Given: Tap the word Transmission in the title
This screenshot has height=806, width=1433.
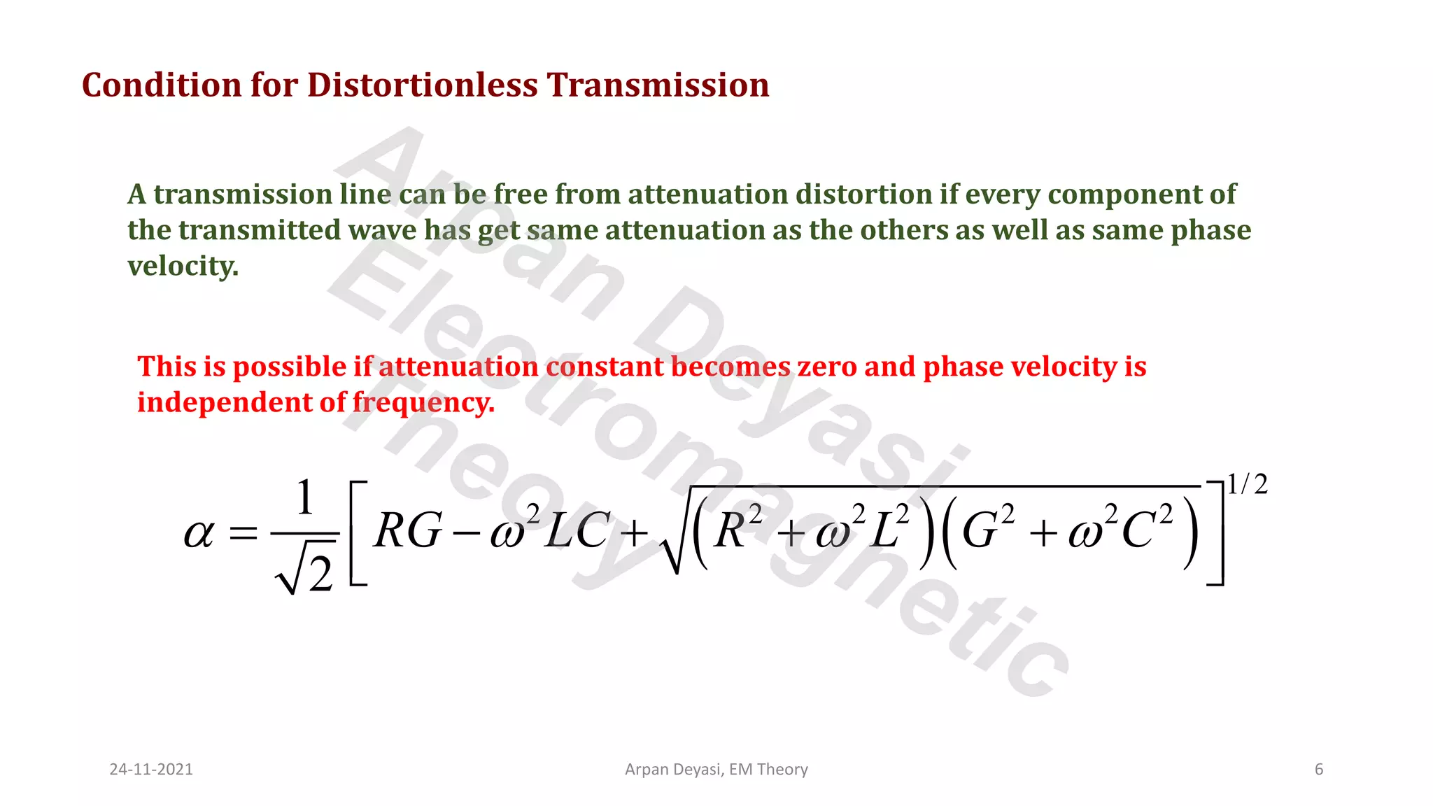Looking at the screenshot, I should [x=658, y=85].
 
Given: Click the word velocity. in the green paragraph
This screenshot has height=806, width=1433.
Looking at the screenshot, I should [x=183, y=266].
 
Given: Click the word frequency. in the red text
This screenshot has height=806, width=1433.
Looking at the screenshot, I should [x=423, y=403].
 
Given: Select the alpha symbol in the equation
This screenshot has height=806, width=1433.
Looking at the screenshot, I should [x=198, y=534].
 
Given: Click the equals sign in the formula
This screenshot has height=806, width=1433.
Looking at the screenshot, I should [x=243, y=535].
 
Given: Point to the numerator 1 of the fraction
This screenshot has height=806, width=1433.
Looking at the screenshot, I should [x=304, y=498].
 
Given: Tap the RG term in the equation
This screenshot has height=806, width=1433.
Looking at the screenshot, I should [x=408, y=530].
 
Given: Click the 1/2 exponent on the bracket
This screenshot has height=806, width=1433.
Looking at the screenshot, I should [x=1248, y=484].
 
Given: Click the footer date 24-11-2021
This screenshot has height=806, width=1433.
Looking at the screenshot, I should [x=151, y=770].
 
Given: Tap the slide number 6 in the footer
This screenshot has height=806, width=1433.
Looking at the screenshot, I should [x=1319, y=770].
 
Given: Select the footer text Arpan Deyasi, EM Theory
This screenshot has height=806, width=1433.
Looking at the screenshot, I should [x=716, y=770].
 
